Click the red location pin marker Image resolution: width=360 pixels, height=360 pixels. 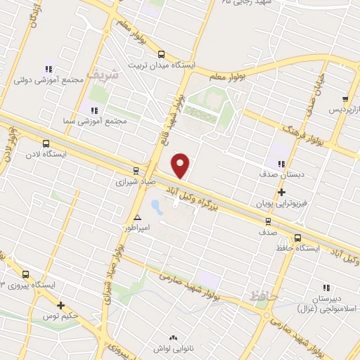point(181,165)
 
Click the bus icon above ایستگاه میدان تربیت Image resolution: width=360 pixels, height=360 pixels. point(161,54)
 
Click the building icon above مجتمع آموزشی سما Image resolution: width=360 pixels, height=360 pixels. point(93,110)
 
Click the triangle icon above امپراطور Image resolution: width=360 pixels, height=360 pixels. point(138,217)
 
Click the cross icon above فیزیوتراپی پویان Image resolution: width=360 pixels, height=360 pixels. point(281,191)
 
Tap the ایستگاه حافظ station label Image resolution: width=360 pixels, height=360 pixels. point(298,248)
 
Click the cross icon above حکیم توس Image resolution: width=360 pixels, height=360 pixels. point(61,305)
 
